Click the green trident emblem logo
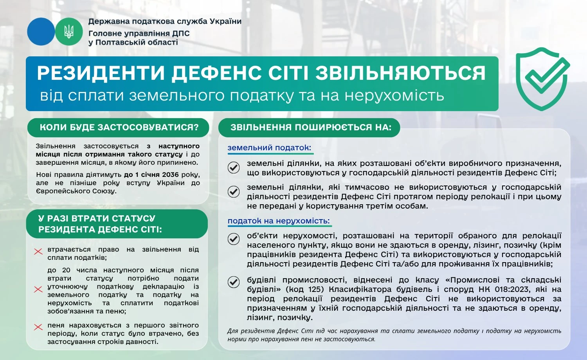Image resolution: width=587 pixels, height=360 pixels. pos(69,32)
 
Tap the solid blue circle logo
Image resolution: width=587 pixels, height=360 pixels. pos(41,32)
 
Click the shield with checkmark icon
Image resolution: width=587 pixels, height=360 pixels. pos(542,79)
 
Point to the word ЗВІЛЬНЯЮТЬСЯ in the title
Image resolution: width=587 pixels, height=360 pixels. pos(400,73)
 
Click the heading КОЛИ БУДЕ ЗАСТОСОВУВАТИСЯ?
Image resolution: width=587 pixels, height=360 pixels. pos(119,128)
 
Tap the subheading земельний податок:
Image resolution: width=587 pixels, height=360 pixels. pos(269,148)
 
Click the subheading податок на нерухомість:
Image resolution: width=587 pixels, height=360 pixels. pos(279,221)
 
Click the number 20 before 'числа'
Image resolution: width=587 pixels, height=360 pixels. pos(66,270)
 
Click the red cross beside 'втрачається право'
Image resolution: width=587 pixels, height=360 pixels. pos(38,251)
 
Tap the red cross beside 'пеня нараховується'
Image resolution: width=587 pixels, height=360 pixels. pos(38,327)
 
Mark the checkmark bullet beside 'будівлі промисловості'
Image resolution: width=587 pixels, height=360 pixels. pos(234,282)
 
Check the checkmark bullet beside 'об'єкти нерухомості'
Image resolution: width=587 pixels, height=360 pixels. pos(234,239)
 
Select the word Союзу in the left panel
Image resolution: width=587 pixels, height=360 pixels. pos(104,191)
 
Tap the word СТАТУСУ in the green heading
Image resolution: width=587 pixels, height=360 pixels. pos(133,219)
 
